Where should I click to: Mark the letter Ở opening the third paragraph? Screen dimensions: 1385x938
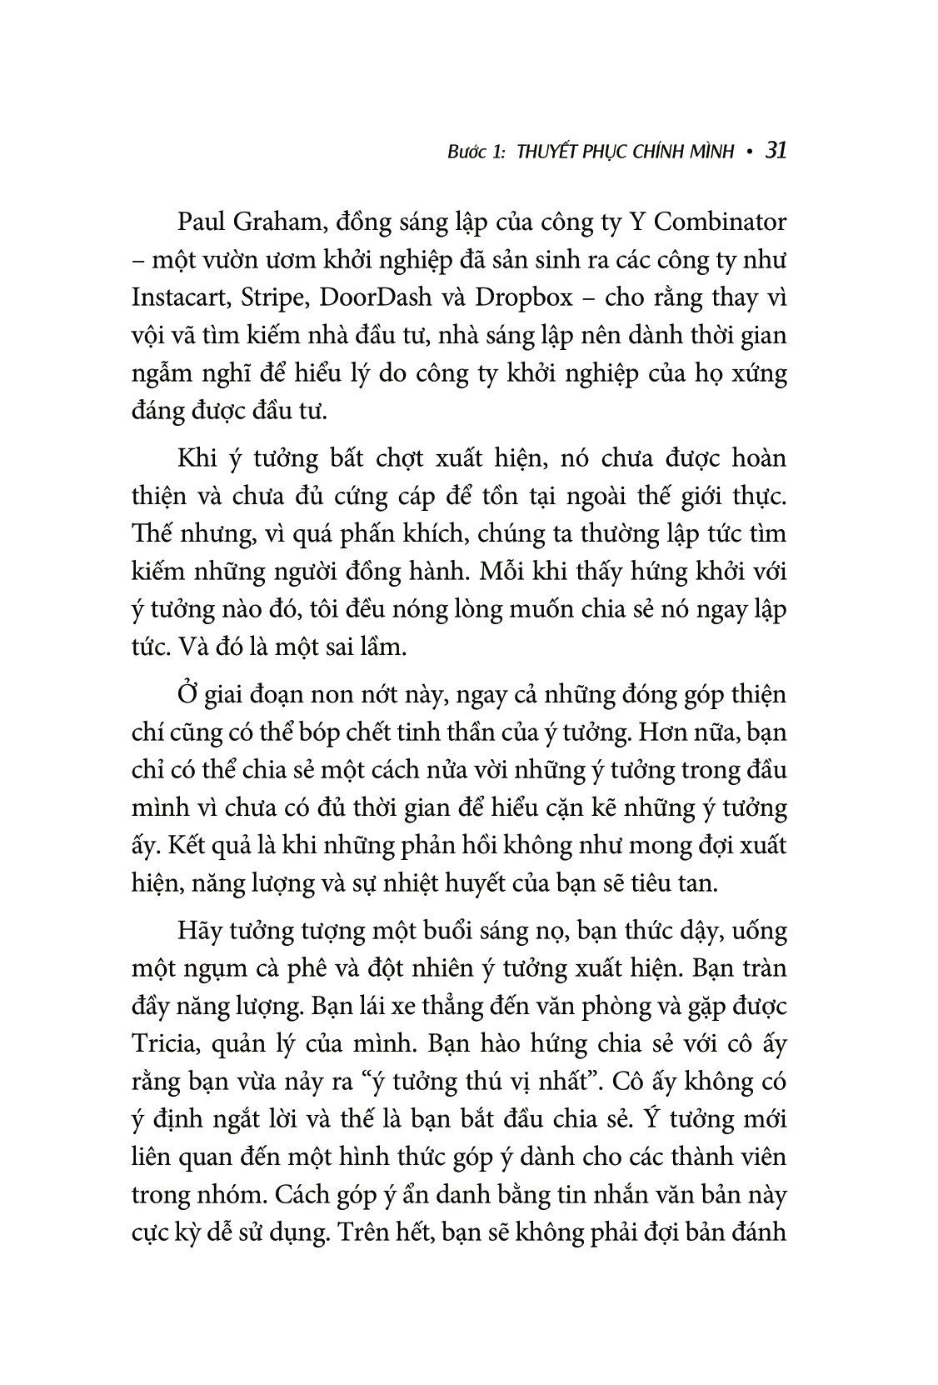coord(186,694)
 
